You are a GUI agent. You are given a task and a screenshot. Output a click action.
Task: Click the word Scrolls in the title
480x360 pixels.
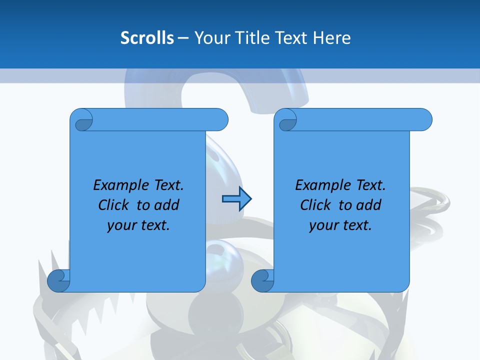point(147,37)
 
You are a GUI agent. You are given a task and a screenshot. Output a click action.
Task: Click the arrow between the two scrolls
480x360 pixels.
point(236,199)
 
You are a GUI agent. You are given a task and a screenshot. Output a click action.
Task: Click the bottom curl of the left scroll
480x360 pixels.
point(59,280)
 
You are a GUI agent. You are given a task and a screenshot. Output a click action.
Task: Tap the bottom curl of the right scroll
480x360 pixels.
point(262,280)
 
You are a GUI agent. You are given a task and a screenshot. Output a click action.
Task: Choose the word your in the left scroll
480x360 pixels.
point(120,225)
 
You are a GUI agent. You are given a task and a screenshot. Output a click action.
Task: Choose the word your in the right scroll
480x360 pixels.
point(322,225)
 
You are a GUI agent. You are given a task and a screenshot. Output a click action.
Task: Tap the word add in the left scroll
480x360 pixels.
point(166,205)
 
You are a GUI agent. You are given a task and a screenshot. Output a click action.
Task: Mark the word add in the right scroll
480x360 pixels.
point(368,205)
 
